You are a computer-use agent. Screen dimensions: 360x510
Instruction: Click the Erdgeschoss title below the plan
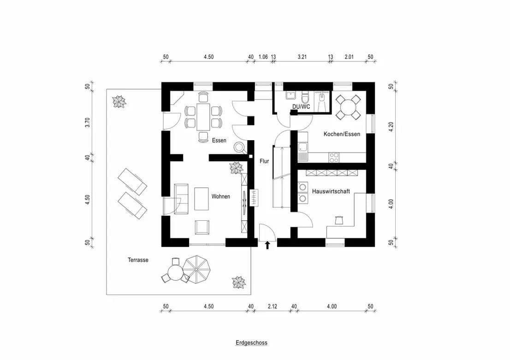click(x=251, y=343)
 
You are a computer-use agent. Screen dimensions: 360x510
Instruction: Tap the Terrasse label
click(x=138, y=260)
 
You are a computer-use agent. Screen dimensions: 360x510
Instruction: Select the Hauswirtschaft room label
click(x=331, y=191)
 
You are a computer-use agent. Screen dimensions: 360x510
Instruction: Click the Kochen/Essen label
click(x=342, y=134)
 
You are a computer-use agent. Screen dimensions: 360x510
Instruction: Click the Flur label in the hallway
click(x=264, y=161)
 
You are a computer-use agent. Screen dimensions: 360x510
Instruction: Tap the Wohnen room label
click(x=220, y=196)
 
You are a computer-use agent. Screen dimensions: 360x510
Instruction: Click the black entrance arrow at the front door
click(x=267, y=245)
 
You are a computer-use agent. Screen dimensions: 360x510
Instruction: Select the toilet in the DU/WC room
click(x=305, y=99)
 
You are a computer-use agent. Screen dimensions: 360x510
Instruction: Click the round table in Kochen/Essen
click(x=348, y=106)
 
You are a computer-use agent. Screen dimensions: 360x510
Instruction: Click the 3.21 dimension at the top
click(x=302, y=57)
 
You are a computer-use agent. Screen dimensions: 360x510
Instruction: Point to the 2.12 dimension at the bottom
click(x=273, y=307)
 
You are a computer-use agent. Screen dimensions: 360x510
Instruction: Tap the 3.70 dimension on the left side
click(x=87, y=123)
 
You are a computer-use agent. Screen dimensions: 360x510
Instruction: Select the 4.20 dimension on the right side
click(x=391, y=127)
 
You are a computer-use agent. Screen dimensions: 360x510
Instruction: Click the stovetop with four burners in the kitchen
click(x=334, y=157)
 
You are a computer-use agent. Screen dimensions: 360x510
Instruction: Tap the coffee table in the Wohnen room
click(x=202, y=198)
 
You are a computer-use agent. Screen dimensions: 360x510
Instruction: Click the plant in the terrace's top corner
click(x=119, y=101)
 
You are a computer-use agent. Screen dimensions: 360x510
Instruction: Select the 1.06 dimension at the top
click(x=263, y=57)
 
